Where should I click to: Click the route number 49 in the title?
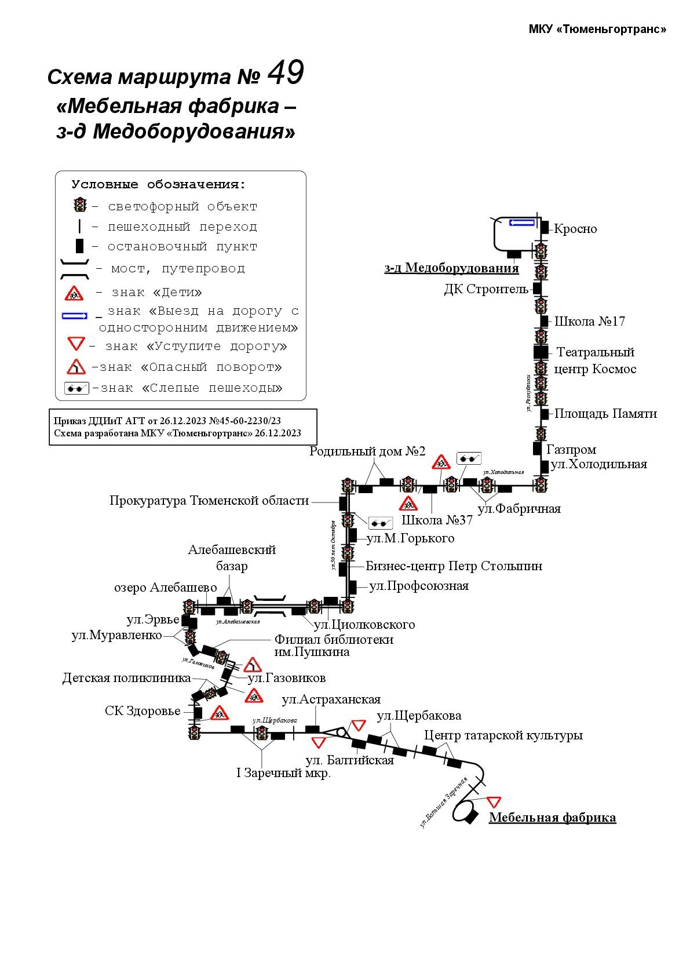[x=286, y=74]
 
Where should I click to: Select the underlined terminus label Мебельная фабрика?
[x=552, y=818]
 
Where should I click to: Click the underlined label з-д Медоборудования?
[x=451, y=268]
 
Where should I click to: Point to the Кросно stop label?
[x=575, y=229]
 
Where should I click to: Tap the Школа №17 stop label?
[x=589, y=322]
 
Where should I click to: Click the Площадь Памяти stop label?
[x=605, y=414]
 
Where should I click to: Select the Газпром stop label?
[x=571, y=450]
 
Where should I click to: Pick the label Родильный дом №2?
[x=367, y=451]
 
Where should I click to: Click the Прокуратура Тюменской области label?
[x=209, y=501]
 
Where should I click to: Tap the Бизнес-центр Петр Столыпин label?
[x=454, y=566]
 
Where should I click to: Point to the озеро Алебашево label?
[x=165, y=588]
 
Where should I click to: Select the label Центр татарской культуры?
[x=503, y=735]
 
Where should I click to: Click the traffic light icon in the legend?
[x=79, y=205]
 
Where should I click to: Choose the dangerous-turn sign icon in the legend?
[x=76, y=367]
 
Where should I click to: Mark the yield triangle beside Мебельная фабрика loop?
[x=493, y=802]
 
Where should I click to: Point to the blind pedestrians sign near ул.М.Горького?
[x=381, y=523]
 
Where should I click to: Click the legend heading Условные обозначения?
[x=159, y=185]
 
